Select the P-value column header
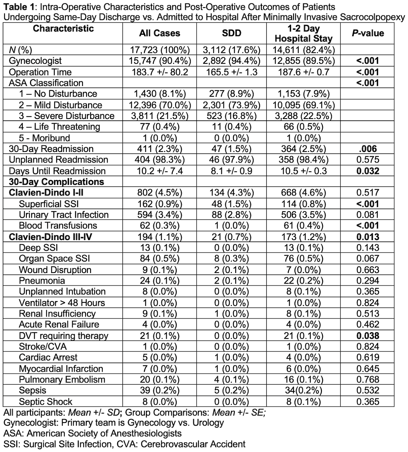[368, 33]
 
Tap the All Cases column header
[159, 33]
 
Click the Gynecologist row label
[35, 61]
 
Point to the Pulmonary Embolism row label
[62, 380]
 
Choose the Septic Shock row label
[46, 402]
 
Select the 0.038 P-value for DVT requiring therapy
[368, 336]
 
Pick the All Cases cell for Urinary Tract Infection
[159, 215]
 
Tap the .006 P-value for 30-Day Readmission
[368, 149]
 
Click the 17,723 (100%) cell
[159, 50]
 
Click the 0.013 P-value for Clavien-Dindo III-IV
[368, 237]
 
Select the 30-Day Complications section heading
[56, 182]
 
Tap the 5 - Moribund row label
[44, 138]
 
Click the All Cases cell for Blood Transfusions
[159, 225]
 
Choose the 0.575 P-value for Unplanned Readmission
[368, 160]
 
